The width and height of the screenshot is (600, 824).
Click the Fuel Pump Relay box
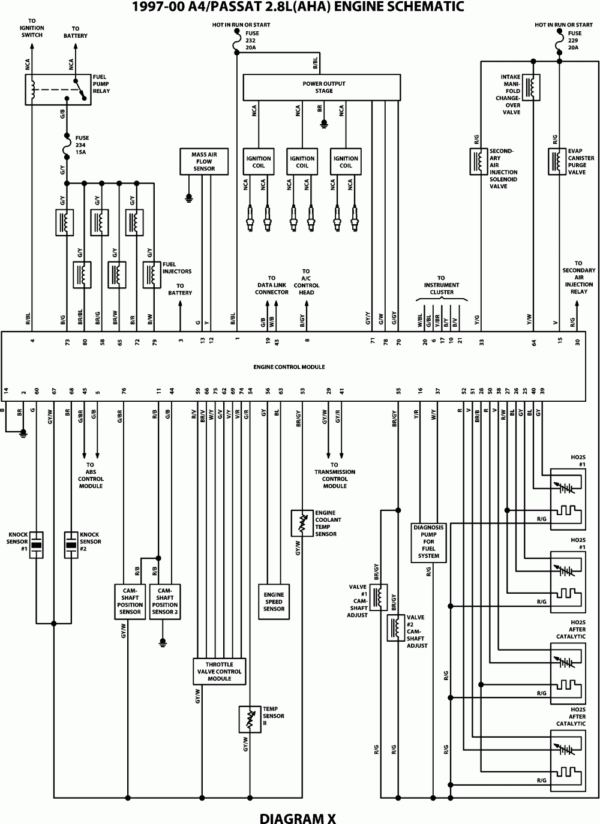point(58,89)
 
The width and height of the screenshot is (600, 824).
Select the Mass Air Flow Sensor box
point(203,161)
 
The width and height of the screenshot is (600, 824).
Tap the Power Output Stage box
point(322,88)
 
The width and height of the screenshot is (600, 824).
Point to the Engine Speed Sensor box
point(274,601)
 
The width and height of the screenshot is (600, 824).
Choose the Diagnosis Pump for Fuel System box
point(428,542)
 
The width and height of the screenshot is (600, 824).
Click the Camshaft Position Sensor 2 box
point(165,601)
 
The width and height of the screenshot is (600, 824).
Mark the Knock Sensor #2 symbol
point(71,544)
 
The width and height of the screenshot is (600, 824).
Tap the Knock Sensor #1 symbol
point(37,544)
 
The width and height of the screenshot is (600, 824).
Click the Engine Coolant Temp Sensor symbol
point(302,524)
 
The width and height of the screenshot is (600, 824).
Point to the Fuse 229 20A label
point(574,40)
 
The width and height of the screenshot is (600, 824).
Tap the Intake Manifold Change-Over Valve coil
point(532,87)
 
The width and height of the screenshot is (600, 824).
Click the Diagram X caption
point(298,817)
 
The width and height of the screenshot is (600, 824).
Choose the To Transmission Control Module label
point(335,475)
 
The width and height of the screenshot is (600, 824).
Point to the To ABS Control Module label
point(91,475)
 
